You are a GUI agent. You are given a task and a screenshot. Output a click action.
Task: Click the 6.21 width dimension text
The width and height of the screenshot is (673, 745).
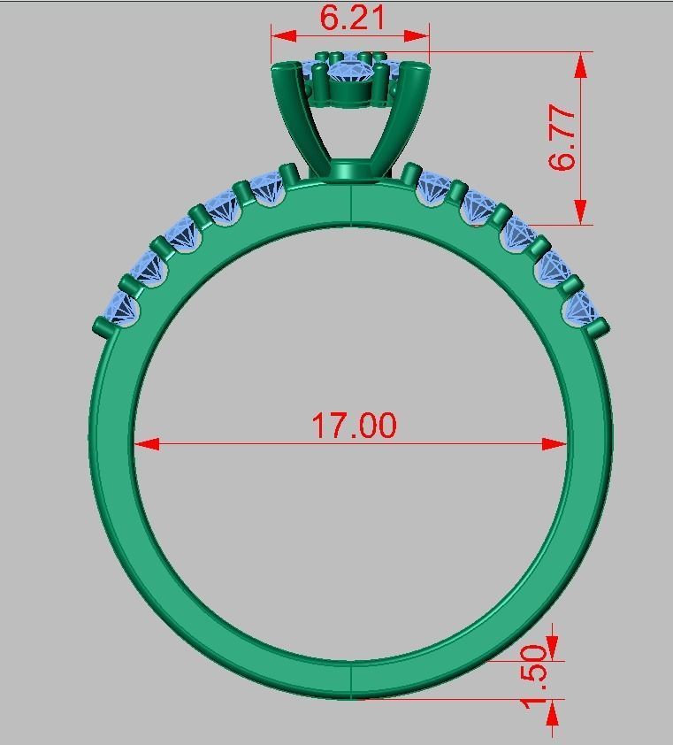pos(350,17)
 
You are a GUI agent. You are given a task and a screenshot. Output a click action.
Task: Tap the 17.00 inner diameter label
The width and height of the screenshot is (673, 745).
pos(354,426)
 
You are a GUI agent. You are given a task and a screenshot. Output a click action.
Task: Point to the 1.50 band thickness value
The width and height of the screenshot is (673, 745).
pos(536,677)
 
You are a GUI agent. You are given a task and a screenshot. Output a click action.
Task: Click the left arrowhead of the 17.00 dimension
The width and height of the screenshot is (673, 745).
pos(147,443)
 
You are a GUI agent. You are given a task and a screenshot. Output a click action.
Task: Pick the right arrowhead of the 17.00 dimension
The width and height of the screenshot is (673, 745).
pos(554,443)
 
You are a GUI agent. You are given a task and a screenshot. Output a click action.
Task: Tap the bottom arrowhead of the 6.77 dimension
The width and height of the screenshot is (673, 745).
pos(581,211)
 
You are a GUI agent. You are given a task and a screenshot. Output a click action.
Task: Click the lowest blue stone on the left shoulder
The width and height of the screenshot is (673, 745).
pos(122,309)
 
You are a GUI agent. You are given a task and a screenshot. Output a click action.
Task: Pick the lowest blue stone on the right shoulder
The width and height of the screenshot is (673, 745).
pos(580,307)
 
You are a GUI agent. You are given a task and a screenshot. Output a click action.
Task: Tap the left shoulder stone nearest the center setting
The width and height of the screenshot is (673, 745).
pos(266,189)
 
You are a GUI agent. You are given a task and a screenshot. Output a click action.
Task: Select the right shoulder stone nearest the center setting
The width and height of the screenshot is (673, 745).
pos(433,187)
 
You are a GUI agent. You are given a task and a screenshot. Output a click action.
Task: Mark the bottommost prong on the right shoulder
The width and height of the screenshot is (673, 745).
pos(600,328)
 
